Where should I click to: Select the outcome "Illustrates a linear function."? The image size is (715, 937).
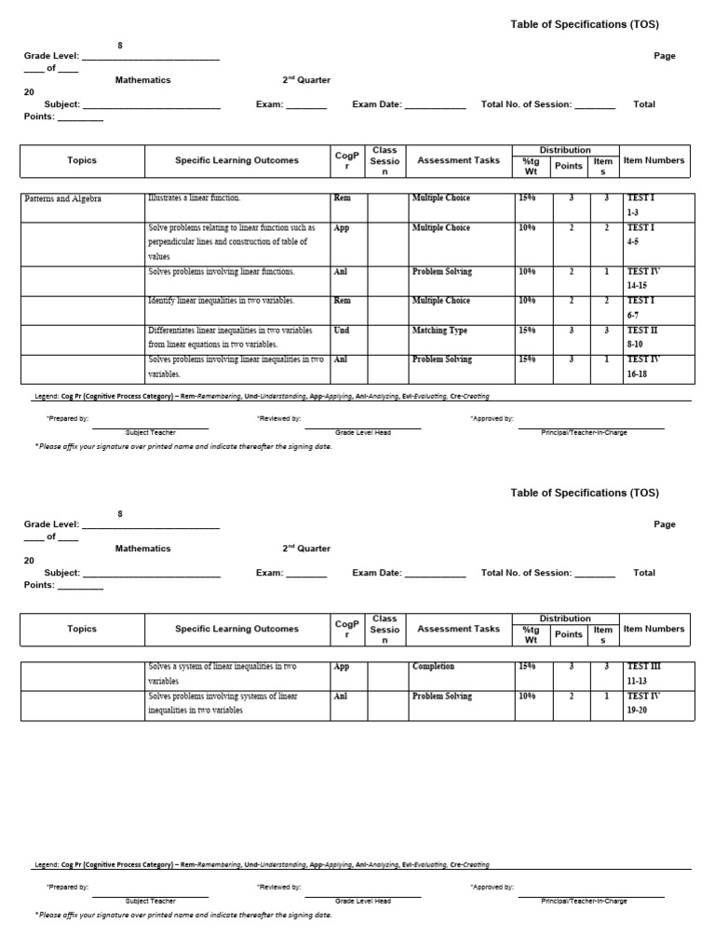pyautogui.click(x=194, y=198)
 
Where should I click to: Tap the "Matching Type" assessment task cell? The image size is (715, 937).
pyautogui.click(x=439, y=331)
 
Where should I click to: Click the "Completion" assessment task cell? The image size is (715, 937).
pyautogui.click(x=433, y=667)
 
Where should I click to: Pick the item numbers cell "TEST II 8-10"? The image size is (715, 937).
pyautogui.click(x=642, y=337)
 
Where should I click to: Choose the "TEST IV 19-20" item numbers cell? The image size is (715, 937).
pyautogui.click(x=642, y=703)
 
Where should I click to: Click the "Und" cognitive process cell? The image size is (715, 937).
pyautogui.click(x=341, y=331)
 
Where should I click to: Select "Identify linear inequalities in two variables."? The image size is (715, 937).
pyautogui.click(x=221, y=301)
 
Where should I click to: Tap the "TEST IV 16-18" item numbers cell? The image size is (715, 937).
pyautogui.click(x=642, y=366)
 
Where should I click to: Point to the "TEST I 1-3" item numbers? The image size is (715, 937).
pyautogui.click(x=641, y=205)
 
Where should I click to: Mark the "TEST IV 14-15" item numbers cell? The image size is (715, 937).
pyautogui.click(x=642, y=278)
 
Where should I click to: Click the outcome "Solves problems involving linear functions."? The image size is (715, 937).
pyautogui.click(x=221, y=272)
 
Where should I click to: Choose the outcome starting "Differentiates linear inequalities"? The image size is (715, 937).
pyautogui.click(x=231, y=337)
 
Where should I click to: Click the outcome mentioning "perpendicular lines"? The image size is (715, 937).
pyautogui.click(x=231, y=241)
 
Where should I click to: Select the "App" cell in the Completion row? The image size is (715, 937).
pyautogui.click(x=341, y=667)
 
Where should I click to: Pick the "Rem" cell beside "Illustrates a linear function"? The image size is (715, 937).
pyautogui.click(x=342, y=198)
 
